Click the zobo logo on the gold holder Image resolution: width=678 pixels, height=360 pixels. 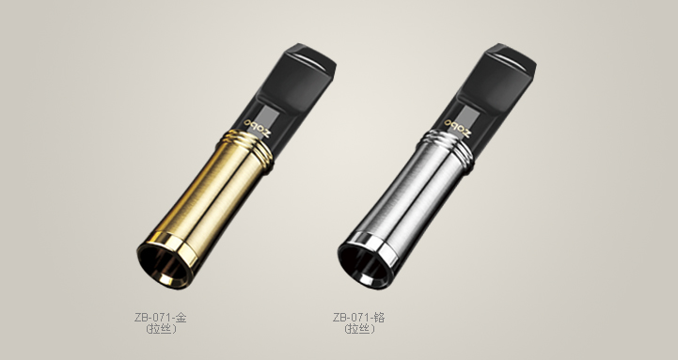point(258,129)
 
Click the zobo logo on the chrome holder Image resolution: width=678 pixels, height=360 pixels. point(457,129)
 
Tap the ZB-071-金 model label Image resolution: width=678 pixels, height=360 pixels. point(161,318)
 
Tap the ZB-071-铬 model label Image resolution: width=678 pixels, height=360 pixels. point(359,318)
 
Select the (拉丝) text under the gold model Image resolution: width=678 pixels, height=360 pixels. point(162,329)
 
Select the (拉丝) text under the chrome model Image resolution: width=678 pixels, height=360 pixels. point(360,329)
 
